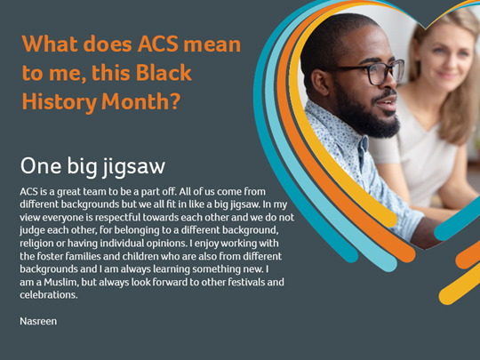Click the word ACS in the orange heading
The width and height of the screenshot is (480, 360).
pyautogui.click(x=157, y=44)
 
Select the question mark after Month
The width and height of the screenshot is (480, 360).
pyautogui.click(x=174, y=101)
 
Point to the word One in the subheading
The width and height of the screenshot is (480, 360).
pyautogui.click(x=41, y=165)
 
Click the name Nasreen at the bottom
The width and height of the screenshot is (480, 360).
pyautogui.click(x=38, y=321)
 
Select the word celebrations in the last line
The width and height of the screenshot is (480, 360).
pyautogui.click(x=49, y=295)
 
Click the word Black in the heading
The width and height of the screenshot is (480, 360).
pyautogui.click(x=164, y=73)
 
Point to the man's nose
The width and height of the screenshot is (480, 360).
pyautogui.click(x=393, y=84)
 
